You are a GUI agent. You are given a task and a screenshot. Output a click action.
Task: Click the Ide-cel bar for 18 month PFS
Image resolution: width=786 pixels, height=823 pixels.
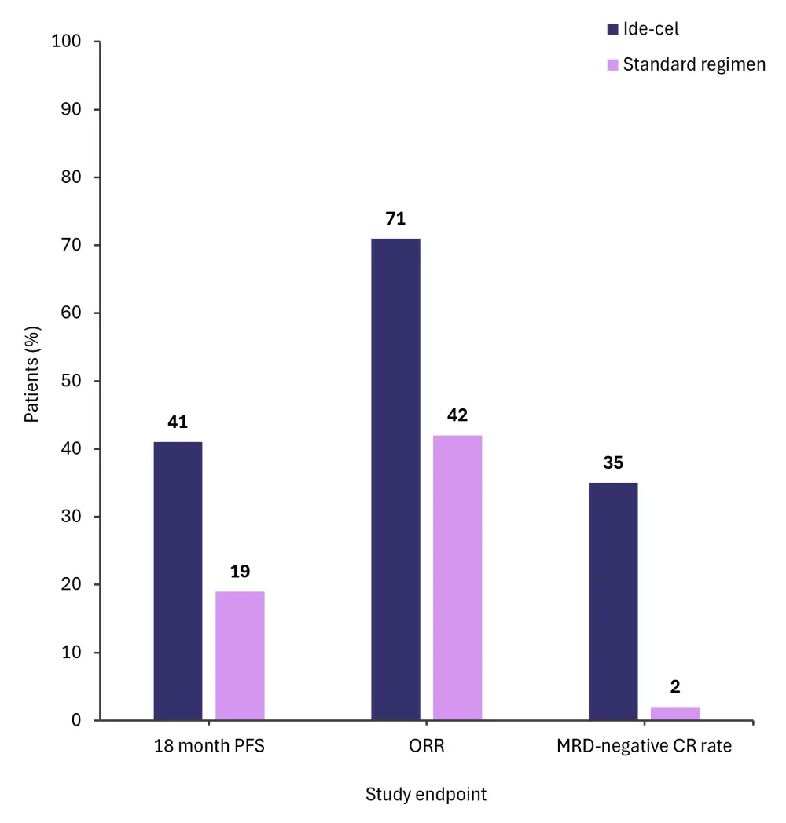(178, 581)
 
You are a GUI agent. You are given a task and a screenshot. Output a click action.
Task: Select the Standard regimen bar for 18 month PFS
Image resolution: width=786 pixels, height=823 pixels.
(240, 656)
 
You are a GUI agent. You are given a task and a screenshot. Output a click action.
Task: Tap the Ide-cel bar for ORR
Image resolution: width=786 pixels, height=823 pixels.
(395, 479)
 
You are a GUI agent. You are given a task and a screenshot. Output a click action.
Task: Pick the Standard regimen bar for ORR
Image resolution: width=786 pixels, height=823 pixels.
(457, 577)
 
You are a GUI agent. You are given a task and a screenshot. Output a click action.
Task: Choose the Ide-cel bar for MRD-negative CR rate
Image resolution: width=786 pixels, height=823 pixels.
(613, 602)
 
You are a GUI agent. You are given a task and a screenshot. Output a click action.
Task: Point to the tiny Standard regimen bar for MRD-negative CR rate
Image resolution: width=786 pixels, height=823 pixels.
(675, 714)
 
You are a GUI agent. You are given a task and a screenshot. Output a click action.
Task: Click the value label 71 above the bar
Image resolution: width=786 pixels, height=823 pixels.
(395, 219)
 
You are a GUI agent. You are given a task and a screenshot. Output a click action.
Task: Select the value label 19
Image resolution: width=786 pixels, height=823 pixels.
(240, 572)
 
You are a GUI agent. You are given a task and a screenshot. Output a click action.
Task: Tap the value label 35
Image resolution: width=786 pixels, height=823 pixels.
(613, 463)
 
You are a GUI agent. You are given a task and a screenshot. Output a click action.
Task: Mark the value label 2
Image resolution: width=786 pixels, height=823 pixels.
(675, 687)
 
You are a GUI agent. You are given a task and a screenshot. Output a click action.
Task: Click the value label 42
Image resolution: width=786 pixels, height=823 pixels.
(457, 415)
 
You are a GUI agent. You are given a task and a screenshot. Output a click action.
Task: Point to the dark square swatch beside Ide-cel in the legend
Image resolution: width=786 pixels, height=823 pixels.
(612, 30)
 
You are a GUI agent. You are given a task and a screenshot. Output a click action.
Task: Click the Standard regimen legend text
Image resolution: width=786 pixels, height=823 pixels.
(694, 64)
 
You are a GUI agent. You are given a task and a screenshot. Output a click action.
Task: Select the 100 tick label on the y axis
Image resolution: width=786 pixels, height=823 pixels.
(66, 42)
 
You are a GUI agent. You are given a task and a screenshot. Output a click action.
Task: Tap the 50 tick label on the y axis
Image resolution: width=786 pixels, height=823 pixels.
(71, 382)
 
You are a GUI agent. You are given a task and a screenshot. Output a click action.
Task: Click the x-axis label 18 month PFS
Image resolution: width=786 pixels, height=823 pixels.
(209, 746)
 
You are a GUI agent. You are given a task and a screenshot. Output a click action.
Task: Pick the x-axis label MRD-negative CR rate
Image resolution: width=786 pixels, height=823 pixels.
(644, 746)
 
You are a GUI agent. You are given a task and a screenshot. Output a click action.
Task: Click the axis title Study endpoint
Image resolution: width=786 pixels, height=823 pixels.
(426, 795)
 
